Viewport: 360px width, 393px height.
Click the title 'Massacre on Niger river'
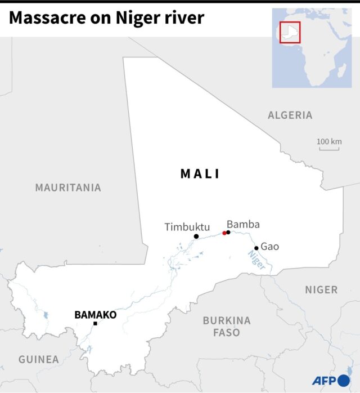[106, 19]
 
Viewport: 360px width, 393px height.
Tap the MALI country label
[200, 174]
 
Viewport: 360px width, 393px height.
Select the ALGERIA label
[290, 115]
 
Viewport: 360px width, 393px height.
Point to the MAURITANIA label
[68, 187]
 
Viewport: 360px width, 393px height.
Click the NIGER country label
[321, 290]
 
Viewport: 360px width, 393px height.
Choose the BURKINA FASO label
[227, 327]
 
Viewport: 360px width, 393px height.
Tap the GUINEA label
[38, 359]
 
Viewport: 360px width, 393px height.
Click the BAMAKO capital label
[95, 315]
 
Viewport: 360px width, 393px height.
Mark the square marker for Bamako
[95, 324]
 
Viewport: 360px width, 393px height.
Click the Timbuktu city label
[187, 227]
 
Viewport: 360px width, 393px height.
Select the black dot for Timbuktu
[196, 236]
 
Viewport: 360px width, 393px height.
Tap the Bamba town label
[243, 224]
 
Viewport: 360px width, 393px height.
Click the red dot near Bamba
[224, 233]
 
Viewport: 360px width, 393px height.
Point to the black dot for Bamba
[228, 232]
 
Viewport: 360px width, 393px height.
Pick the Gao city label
[269, 247]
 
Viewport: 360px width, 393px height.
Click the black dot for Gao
[256, 248]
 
